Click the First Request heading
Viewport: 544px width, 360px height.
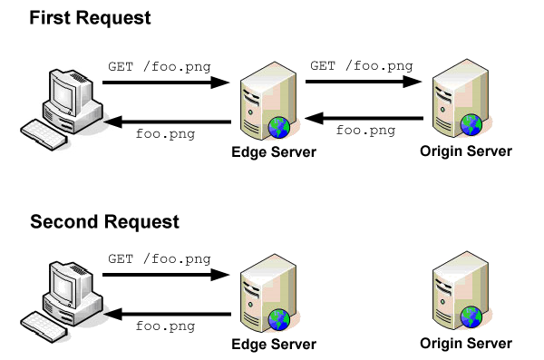coord(91,18)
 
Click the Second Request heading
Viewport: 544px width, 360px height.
coord(104,222)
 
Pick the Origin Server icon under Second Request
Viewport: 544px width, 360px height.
coord(459,292)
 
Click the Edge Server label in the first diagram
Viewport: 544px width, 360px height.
coord(274,152)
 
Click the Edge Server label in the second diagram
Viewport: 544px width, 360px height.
coord(274,345)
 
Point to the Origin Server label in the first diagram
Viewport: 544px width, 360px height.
coord(466,151)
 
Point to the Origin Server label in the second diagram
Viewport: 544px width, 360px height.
coord(466,344)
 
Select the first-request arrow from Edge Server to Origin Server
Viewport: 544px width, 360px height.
coord(365,82)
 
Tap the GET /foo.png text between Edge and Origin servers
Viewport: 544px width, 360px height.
coord(362,65)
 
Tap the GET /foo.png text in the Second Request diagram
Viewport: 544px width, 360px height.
coord(159,258)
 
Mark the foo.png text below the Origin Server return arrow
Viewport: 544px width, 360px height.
coord(365,131)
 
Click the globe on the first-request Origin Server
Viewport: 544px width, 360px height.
coord(471,123)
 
